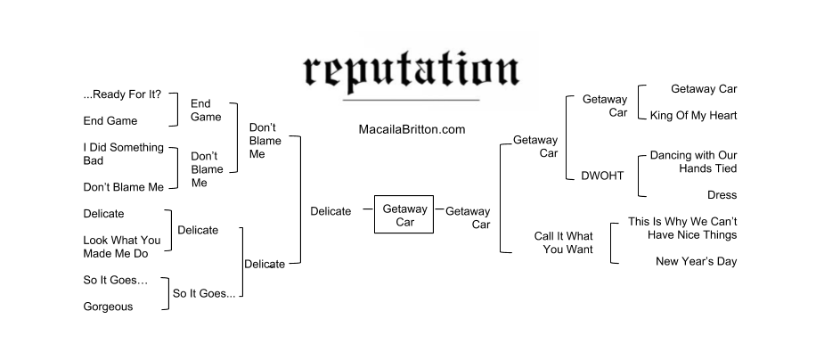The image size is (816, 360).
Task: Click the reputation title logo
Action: (410, 69)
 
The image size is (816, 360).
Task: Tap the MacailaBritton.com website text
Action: (412, 129)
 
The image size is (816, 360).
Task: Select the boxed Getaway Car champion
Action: (404, 215)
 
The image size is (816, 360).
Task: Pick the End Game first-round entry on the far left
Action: (110, 121)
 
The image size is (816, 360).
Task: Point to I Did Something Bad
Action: (123, 153)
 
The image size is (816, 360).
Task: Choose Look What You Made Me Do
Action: (122, 246)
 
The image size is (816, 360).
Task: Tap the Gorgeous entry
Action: (108, 307)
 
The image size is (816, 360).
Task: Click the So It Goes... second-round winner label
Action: (204, 293)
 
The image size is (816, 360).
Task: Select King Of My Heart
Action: (693, 116)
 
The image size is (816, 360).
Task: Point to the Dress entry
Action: (722, 194)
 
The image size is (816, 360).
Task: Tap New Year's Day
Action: (696, 261)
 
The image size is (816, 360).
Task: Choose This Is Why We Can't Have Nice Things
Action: (682, 228)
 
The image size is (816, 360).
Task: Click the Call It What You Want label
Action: (563, 242)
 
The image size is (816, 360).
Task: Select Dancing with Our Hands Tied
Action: (693, 161)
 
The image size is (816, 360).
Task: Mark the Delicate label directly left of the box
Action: (330, 211)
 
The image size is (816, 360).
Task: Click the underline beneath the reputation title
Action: (410, 98)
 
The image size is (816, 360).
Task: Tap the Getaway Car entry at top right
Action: (704, 89)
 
